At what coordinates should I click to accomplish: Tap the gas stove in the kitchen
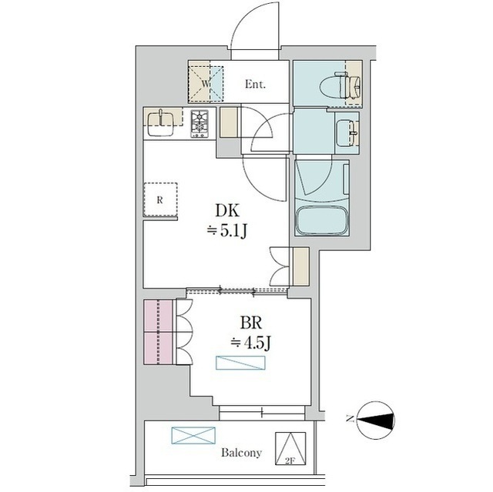[x=200, y=123]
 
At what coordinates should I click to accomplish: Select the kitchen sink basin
[x=161, y=123]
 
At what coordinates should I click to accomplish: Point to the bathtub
[x=322, y=220]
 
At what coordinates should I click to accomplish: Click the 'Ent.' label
[x=255, y=84]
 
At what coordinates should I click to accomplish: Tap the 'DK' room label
[x=227, y=211]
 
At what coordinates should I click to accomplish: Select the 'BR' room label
[x=251, y=323]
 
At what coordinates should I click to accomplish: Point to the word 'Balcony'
[x=241, y=453]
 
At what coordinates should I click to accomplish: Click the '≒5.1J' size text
[x=226, y=232]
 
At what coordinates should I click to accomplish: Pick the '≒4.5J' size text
[x=250, y=343]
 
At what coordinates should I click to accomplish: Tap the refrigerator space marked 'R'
[x=160, y=200]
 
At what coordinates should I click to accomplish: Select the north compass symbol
[x=376, y=420]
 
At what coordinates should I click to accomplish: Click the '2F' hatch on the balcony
[x=290, y=448]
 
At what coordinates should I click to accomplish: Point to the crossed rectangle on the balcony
[x=193, y=435]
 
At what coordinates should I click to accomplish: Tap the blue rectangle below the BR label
[x=240, y=363]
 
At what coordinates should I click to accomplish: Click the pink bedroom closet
[x=159, y=332]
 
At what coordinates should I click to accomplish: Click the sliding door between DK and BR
[x=236, y=291]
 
